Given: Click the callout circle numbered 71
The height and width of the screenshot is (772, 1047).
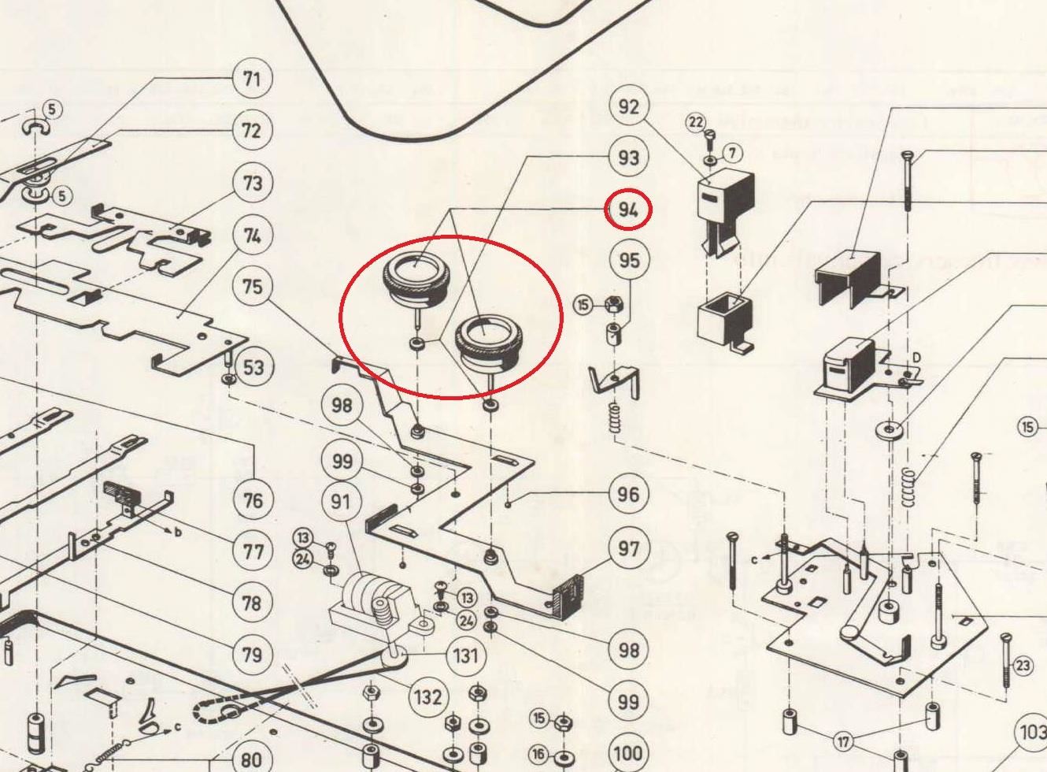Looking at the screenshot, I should tap(251, 80).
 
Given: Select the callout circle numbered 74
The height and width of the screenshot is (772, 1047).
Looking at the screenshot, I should tap(252, 236).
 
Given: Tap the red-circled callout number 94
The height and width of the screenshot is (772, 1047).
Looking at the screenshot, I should tap(628, 210).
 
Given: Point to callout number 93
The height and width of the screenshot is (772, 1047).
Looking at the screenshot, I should tap(628, 158).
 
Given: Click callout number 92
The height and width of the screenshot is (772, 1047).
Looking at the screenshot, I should tap(628, 106).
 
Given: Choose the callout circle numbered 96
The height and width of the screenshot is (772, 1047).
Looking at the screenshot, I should tap(628, 495).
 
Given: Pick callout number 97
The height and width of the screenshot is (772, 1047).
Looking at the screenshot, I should tap(628, 548).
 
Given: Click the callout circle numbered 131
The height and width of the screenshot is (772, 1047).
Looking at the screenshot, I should tap(466, 655).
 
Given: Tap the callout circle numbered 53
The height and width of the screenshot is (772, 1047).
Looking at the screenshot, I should tap(253, 367).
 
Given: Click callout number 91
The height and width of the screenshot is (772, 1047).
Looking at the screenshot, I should tap(341, 502).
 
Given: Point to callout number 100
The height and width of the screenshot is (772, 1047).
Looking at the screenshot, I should tap(628, 752).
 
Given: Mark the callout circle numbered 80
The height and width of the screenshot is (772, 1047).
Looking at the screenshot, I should tap(251, 759).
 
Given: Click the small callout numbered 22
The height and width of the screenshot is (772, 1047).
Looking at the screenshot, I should tap(696, 122).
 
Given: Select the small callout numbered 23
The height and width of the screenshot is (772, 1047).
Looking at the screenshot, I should tap(1022, 666).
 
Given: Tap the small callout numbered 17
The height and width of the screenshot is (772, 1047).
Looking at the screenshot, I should tap(844, 741).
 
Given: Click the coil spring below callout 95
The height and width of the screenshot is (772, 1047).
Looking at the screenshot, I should tap(615, 417).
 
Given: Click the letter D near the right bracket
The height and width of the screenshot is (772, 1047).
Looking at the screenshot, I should tap(916, 358).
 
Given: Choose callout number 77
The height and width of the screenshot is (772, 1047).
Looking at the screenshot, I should tap(253, 551).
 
